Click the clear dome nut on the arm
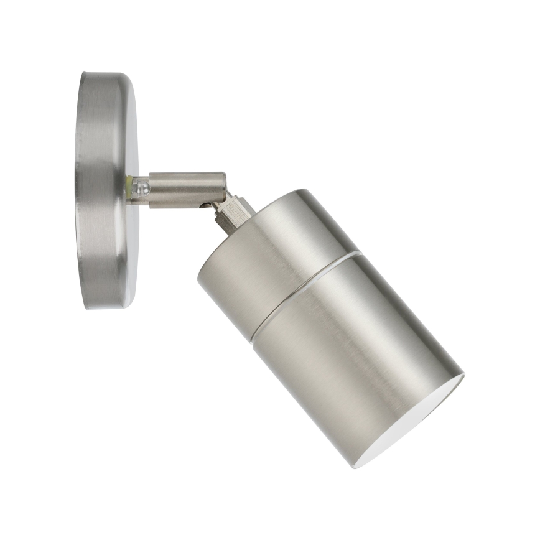[141, 187]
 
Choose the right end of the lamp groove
[360, 253]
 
